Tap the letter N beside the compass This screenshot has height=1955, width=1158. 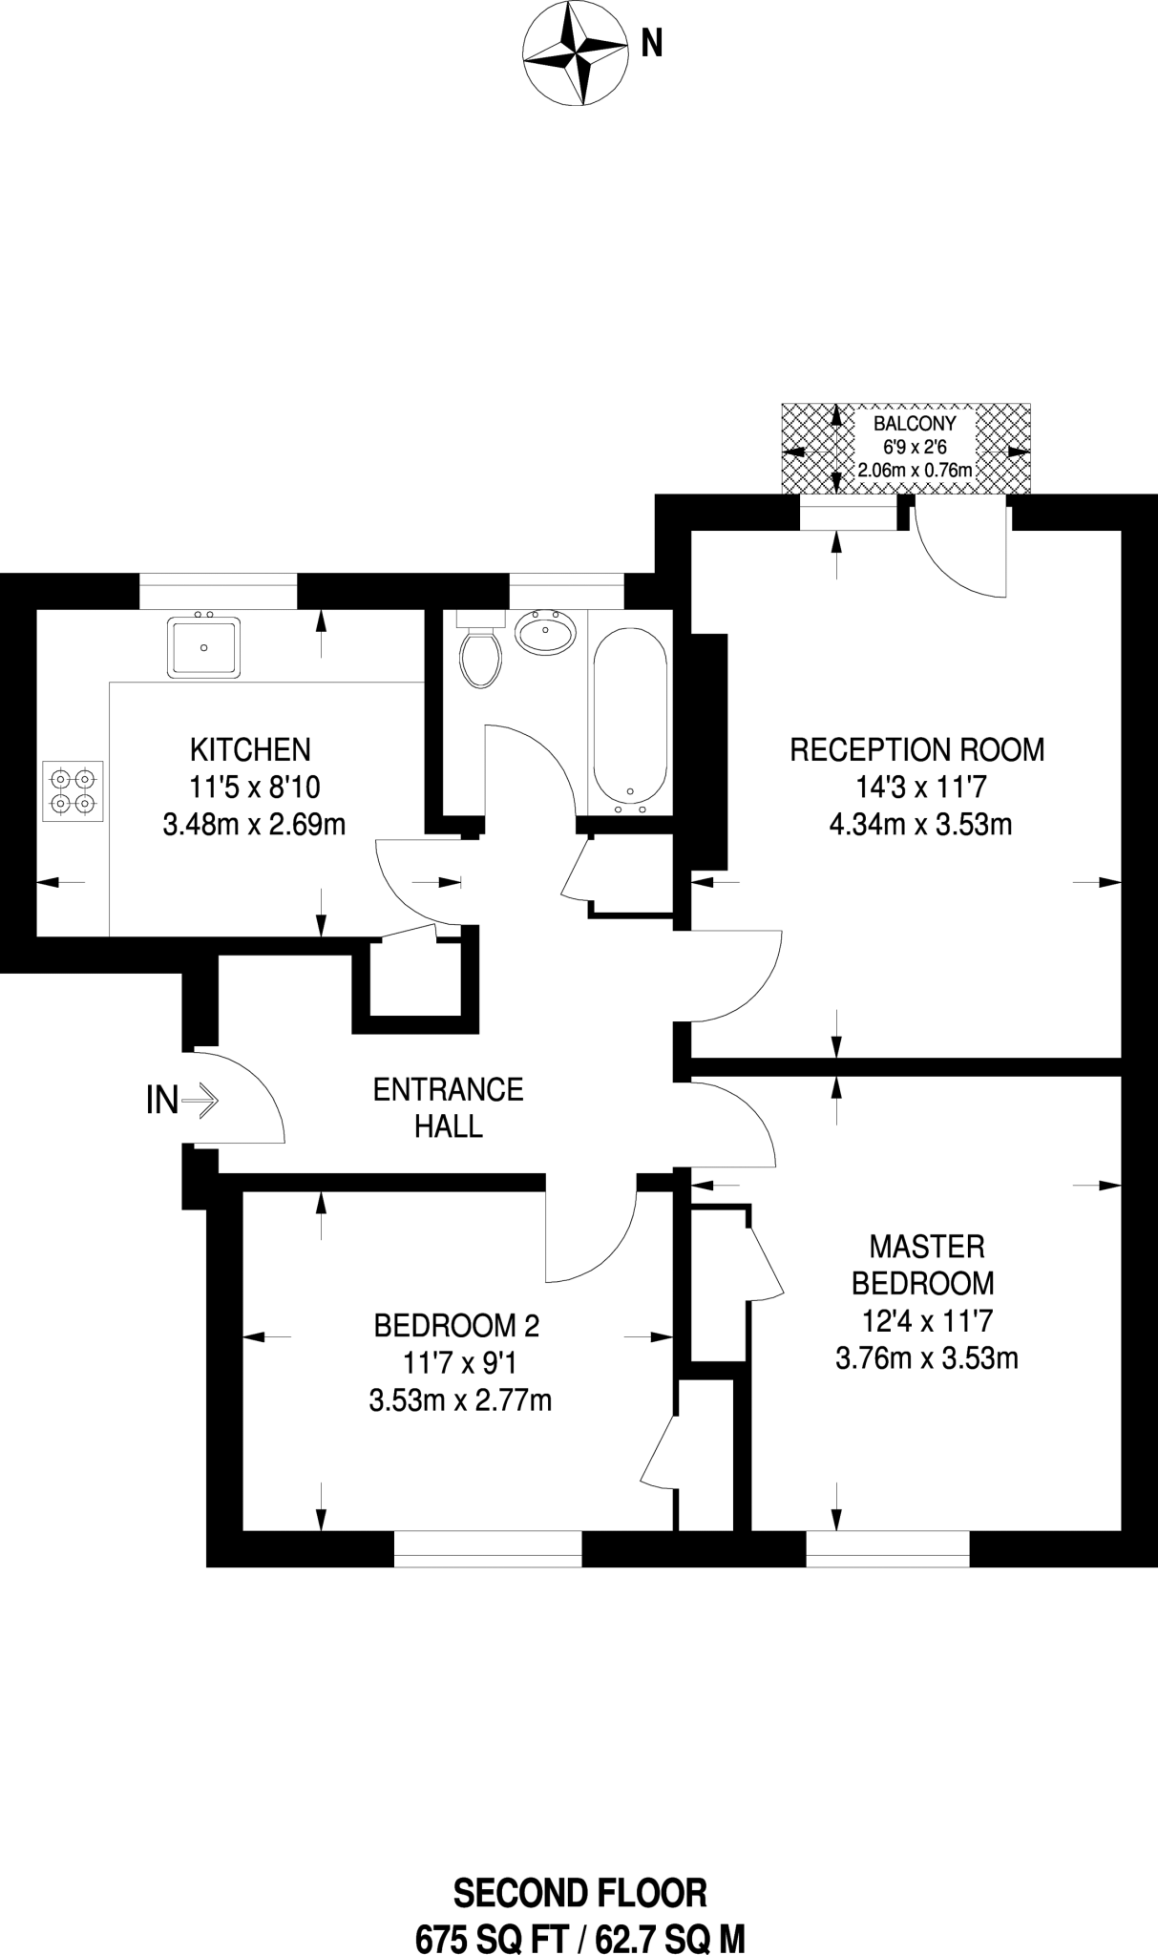651,44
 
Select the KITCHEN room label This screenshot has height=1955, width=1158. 251,749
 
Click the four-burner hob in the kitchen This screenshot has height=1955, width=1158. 73,790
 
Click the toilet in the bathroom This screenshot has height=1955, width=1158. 480,649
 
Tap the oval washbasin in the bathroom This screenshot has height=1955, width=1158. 546,631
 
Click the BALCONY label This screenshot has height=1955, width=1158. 915,423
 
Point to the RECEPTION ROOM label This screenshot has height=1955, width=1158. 917,749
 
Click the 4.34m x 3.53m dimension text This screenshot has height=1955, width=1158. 920,824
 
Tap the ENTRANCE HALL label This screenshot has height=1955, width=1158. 448,1107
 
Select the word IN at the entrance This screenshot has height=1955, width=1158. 161,1102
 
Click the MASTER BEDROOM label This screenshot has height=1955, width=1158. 926,1264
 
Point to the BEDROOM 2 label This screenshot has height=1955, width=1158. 456,1325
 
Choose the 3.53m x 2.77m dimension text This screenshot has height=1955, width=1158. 460,1400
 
